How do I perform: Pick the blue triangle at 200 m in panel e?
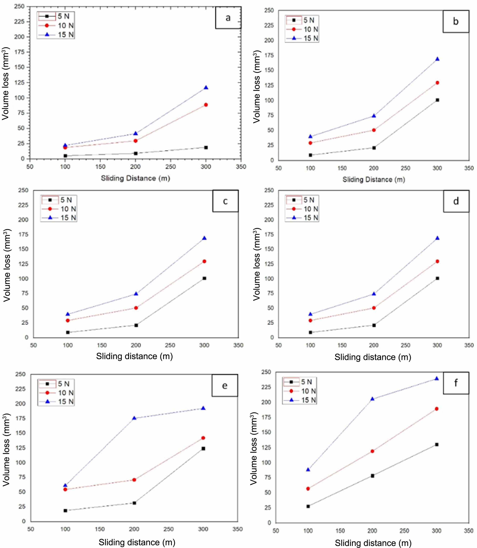(x=134, y=418)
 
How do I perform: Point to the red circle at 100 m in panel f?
(x=308, y=489)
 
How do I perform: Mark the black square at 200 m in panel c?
(x=136, y=325)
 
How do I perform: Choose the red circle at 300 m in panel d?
(x=437, y=261)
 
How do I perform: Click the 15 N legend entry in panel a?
(x=56, y=35)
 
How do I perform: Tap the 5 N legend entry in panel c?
(x=59, y=200)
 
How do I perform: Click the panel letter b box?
(x=456, y=21)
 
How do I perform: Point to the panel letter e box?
(x=225, y=386)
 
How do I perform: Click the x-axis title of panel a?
(x=135, y=178)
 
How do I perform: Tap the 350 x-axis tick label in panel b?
(x=469, y=168)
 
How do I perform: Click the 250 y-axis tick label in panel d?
(x=269, y=190)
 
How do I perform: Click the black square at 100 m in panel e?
(x=65, y=510)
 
